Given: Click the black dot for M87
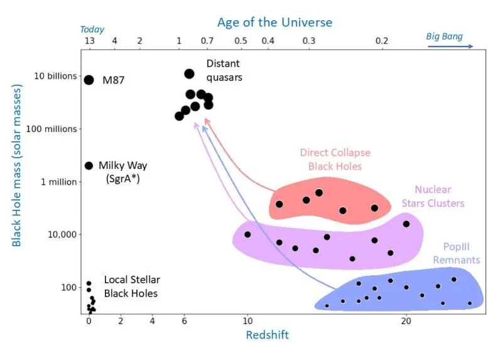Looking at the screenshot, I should (x=89, y=80).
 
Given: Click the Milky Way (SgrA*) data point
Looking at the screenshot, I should (x=89, y=165).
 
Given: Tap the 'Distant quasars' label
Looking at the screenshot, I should (x=224, y=70).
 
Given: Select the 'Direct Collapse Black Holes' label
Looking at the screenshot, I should (x=335, y=160).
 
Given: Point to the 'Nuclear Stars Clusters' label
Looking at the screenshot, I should (x=439, y=196).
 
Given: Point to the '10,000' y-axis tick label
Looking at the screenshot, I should (x=63, y=234).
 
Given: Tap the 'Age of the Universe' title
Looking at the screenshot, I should (x=274, y=23).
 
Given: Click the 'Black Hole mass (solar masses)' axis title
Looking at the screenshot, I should (x=17, y=166).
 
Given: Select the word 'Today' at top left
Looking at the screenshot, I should (x=92, y=30).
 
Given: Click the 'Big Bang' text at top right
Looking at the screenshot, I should (x=444, y=36).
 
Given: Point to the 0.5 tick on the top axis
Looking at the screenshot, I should (x=241, y=41).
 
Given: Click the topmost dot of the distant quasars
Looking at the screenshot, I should (x=189, y=74).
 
